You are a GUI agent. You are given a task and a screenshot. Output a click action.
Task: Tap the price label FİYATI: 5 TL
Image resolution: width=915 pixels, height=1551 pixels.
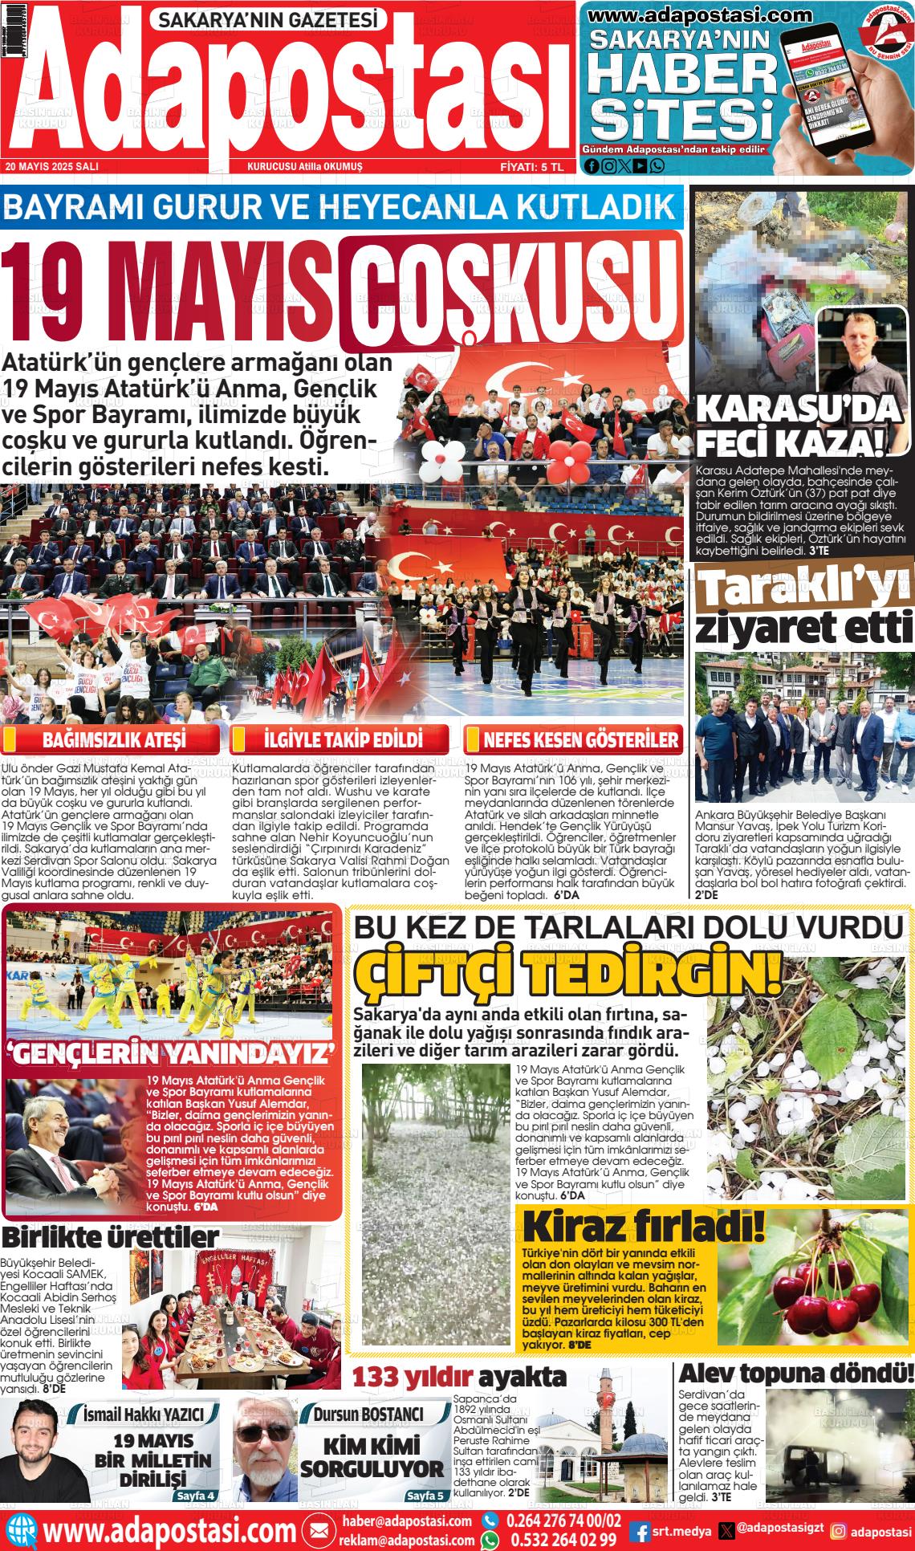tap(532, 167)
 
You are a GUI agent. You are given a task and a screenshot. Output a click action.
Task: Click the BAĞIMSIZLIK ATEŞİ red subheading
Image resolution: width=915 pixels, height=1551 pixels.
tap(113, 739)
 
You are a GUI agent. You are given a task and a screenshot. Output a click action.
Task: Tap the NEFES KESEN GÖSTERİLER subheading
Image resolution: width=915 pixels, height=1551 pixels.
tap(581, 739)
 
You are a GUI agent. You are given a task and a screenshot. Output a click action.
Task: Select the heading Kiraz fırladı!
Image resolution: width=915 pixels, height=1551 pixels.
tap(642, 1227)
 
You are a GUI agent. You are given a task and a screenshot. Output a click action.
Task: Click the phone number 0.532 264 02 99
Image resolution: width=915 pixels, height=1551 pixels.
tap(562, 1540)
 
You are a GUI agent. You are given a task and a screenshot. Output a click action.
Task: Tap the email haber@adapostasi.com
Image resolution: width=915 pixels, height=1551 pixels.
tap(406, 1521)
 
